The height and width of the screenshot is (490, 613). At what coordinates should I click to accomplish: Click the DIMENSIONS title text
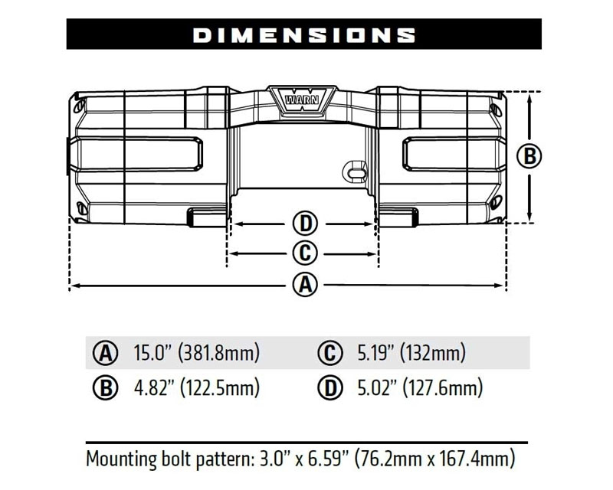click(x=304, y=34)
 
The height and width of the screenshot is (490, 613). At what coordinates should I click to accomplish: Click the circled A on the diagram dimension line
click(x=305, y=285)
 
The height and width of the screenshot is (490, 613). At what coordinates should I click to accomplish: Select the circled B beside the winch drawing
click(x=529, y=156)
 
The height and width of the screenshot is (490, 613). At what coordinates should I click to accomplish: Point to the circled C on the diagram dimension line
click(x=305, y=253)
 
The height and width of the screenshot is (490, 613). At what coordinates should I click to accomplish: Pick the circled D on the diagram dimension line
click(x=305, y=224)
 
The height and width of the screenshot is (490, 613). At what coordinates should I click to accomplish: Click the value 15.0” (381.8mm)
click(x=197, y=354)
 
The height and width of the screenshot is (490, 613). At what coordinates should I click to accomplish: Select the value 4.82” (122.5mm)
click(x=197, y=387)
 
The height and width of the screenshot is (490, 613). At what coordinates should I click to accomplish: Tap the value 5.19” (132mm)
click(x=411, y=354)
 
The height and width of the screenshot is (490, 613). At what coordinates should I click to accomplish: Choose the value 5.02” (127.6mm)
click(x=420, y=387)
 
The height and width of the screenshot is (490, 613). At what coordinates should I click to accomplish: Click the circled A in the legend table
click(x=104, y=354)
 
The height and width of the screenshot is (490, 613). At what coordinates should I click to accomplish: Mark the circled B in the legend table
click(x=104, y=387)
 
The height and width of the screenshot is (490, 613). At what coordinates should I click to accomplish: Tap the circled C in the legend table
click(x=329, y=354)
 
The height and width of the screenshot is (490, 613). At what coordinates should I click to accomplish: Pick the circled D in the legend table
click(x=329, y=387)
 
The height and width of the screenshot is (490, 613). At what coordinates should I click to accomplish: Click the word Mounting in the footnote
click(x=122, y=459)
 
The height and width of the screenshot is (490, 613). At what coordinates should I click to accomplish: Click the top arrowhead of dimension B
click(x=529, y=96)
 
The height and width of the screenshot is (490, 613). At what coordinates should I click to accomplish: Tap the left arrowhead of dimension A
click(x=74, y=286)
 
